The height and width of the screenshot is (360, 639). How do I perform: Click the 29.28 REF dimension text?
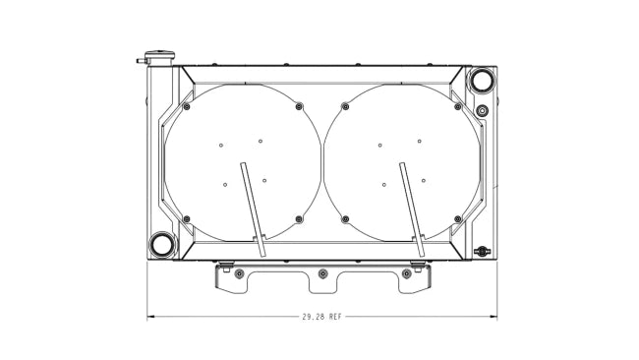(321, 317)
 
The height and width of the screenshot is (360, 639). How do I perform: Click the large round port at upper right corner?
(482, 80)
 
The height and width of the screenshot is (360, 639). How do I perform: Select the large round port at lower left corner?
(162, 245)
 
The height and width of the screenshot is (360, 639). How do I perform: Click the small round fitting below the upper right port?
(482, 110)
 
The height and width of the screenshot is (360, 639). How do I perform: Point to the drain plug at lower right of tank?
(482, 251)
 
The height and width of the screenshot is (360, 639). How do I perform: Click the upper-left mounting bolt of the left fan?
(187, 107)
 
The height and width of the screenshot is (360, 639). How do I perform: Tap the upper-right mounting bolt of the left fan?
(299, 107)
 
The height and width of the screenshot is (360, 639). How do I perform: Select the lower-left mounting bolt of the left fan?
(187, 219)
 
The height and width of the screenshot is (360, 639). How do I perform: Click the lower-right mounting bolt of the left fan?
(299, 219)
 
